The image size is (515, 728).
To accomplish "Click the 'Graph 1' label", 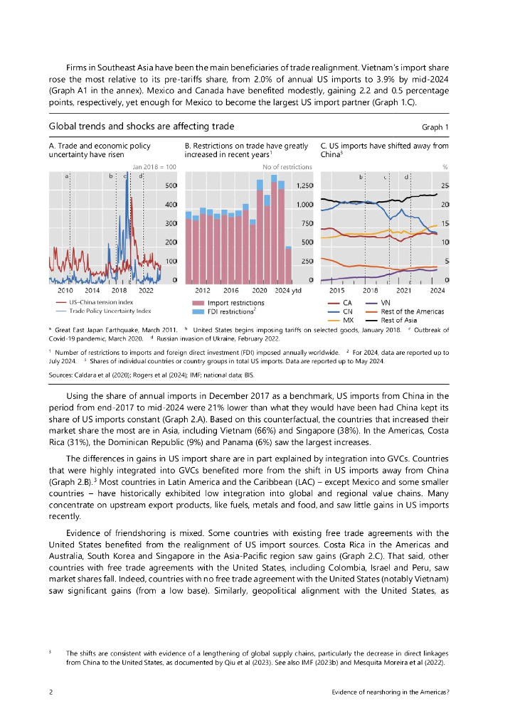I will (x=435, y=127).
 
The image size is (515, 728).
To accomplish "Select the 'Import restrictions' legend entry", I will (x=235, y=304).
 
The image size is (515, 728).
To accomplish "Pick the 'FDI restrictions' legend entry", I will (x=230, y=311).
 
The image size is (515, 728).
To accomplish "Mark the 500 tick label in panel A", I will (x=171, y=186).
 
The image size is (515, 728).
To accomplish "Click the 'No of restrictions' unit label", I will (x=287, y=167).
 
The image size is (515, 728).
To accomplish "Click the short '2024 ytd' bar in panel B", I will (x=288, y=264).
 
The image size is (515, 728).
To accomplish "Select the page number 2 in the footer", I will (x=51, y=691).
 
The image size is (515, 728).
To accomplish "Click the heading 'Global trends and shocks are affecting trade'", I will (x=141, y=127).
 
